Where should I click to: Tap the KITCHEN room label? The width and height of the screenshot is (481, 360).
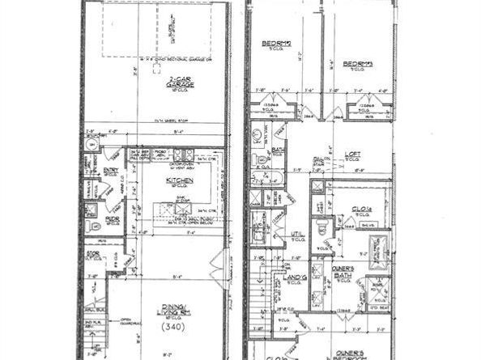point(177,180)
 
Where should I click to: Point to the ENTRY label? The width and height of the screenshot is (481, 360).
point(111,171)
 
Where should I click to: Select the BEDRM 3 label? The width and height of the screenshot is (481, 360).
point(356,64)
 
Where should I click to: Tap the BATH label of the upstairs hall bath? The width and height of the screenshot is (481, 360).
point(277,150)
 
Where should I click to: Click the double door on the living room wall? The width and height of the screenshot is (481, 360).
point(217,266)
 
